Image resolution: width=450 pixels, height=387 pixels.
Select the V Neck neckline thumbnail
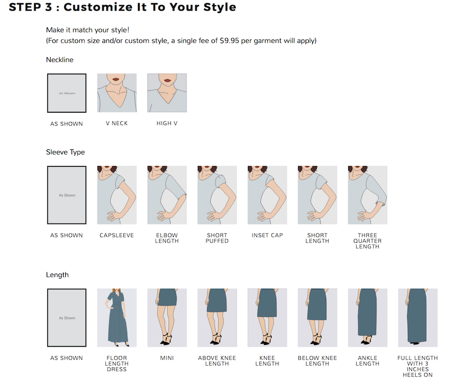click(117, 93)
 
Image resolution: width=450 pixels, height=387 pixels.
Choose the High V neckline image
click(167, 93)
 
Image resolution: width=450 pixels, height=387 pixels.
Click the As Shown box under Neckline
click(66, 93)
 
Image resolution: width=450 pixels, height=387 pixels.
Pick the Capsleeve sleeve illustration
click(117, 195)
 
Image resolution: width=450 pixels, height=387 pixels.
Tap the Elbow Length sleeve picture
click(167, 195)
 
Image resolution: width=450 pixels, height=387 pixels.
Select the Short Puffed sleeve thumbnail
click(217, 195)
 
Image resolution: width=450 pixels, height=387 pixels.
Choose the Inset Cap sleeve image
click(267, 195)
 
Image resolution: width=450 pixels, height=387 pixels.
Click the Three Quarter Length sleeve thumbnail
click(368, 195)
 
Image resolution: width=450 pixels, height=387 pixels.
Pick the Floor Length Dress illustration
click(117, 317)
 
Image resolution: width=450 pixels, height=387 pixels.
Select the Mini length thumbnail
click(167, 317)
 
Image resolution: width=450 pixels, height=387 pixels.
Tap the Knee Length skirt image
click(267, 317)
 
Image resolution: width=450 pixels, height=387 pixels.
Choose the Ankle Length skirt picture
click(368, 317)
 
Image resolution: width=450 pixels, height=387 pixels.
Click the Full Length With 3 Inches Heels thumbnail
click(418, 317)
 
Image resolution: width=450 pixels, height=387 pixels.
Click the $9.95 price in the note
click(229, 40)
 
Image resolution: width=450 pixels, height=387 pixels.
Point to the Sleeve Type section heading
click(65, 152)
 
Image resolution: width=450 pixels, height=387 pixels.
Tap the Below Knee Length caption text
click(317, 361)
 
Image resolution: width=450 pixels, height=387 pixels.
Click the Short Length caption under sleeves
click(317, 238)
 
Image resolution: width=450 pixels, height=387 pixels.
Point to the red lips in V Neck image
click(116, 79)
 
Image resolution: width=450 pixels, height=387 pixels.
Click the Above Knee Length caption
click(217, 361)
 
